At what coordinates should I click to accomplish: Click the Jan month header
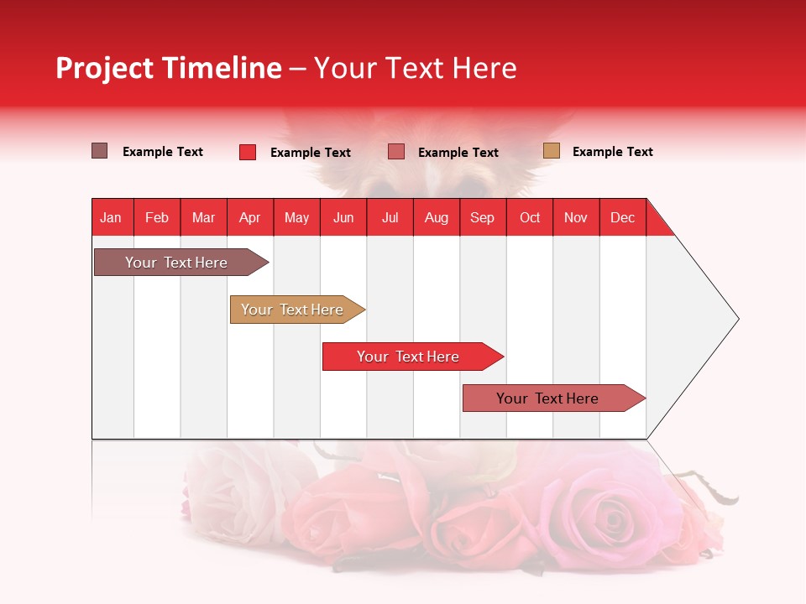pyautogui.click(x=111, y=217)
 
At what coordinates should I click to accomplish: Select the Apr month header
pyautogui.click(x=249, y=217)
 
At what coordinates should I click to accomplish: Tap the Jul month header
pyautogui.click(x=390, y=217)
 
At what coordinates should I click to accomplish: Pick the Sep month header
pyautogui.click(x=482, y=217)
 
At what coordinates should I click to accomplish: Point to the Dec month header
pyautogui.click(x=622, y=217)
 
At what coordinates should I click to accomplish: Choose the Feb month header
pyautogui.click(x=157, y=217)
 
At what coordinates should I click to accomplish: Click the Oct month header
pyautogui.click(x=530, y=217)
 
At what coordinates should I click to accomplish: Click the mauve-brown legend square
pyautogui.click(x=100, y=151)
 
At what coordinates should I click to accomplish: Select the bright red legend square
pyautogui.click(x=248, y=152)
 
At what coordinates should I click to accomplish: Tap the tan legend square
pyautogui.click(x=551, y=151)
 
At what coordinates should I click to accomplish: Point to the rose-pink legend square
pyautogui.click(x=396, y=152)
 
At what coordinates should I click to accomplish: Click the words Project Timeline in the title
pyautogui.click(x=168, y=68)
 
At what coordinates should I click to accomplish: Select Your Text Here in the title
pyautogui.click(x=415, y=68)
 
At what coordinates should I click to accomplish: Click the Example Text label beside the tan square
pyautogui.click(x=612, y=152)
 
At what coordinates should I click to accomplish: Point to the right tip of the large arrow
pyautogui.click(x=737, y=318)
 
